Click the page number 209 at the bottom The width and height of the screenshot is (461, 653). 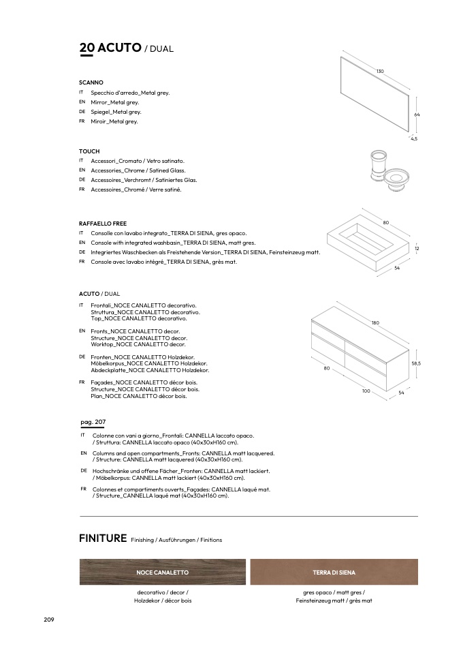(48, 619)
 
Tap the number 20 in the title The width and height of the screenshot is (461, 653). (86, 48)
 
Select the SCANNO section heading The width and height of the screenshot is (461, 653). (91, 82)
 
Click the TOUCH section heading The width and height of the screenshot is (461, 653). (89, 151)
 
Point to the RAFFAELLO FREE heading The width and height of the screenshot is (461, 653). (103, 224)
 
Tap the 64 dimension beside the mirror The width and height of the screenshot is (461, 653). (417, 115)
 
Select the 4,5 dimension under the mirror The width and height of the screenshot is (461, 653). (413, 138)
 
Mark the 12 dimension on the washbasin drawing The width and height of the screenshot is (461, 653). (417, 249)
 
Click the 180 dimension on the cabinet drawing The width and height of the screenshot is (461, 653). (375, 322)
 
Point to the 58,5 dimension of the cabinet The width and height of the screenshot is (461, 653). (416, 363)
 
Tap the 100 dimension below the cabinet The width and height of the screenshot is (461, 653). (366, 391)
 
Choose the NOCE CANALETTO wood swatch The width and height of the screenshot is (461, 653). (162, 572)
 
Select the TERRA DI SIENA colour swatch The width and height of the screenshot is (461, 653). (334, 572)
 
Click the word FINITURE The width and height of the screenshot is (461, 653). (103, 538)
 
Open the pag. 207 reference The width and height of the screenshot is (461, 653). (93, 422)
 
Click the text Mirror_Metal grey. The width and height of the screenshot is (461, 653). (114, 102)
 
